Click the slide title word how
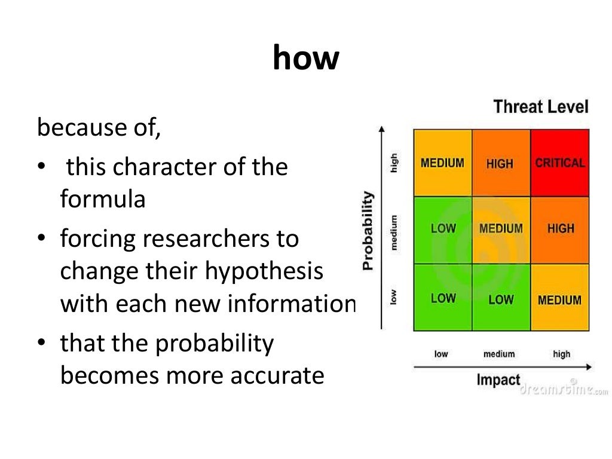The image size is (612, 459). (x=305, y=59)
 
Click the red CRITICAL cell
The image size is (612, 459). (x=560, y=163)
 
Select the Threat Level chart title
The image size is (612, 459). (x=541, y=107)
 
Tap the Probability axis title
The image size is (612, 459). (x=368, y=230)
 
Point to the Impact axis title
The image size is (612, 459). (x=498, y=380)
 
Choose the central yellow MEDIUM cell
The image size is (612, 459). (x=501, y=229)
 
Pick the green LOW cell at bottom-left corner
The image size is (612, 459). (x=443, y=298)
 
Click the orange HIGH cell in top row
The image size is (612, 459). (x=500, y=163)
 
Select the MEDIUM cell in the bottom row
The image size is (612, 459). (x=560, y=299)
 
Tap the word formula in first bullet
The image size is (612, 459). (x=103, y=199)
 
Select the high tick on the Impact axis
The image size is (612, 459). (x=561, y=354)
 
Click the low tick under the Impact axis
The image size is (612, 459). (x=441, y=354)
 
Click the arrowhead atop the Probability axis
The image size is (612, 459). (x=381, y=128)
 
